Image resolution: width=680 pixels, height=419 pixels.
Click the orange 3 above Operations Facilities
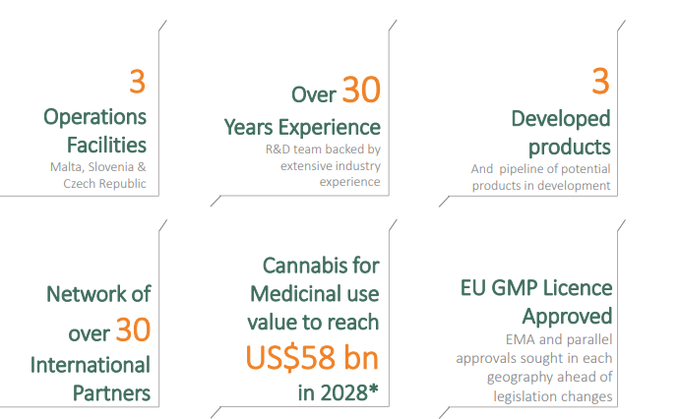[137, 82]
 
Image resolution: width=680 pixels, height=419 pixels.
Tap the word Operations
[95, 117]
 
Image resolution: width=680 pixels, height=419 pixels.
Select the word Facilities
[106, 145]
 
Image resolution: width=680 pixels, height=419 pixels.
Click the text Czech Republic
[104, 183]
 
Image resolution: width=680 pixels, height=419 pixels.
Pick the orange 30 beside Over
[361, 90]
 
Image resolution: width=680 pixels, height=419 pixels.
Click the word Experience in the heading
[329, 128]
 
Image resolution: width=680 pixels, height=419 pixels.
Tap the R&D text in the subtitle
[278, 150]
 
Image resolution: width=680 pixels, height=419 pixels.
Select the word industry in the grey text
[357, 166]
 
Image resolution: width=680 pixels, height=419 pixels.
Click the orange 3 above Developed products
[600, 81]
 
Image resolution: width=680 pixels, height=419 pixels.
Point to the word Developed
[561, 118]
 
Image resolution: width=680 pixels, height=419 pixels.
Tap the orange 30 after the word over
[133, 329]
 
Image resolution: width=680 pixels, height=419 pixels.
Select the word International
[91, 365]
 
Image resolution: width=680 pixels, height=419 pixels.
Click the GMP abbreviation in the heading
[515, 288]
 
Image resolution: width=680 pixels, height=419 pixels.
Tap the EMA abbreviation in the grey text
[521, 339]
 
